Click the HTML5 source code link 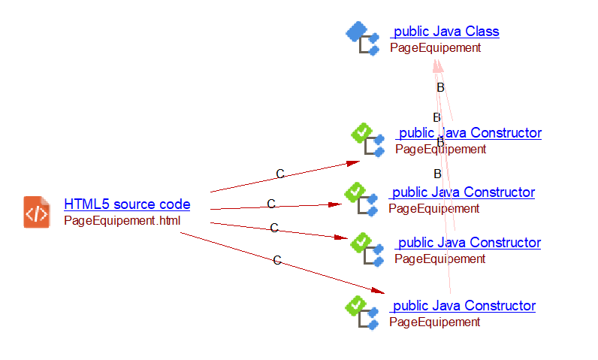(127, 204)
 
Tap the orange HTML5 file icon (37, 212)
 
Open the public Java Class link (445, 32)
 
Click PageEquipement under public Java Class (435, 48)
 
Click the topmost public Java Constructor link (470, 133)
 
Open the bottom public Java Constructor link (464, 306)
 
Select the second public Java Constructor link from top (463, 192)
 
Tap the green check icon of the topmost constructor (362, 134)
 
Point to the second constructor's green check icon (355, 193)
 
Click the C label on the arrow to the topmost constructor (280, 174)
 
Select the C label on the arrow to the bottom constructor (276, 261)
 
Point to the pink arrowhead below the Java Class (438, 65)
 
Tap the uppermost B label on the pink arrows (441, 88)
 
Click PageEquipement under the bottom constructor (434, 322)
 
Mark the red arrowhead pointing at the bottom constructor (379, 291)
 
